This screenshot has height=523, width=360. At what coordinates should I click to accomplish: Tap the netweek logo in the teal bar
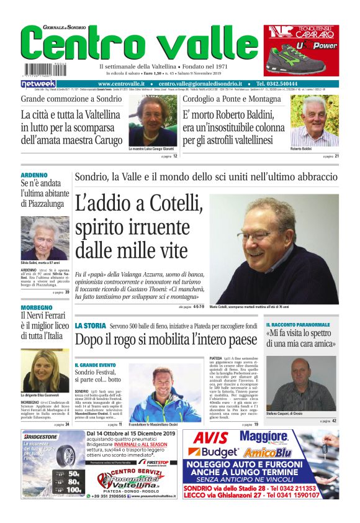(x=38, y=84)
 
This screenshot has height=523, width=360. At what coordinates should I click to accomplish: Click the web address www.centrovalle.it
(x=121, y=84)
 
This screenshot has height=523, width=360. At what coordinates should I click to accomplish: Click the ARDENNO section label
(x=34, y=175)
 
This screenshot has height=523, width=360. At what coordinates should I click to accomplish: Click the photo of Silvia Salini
(x=45, y=238)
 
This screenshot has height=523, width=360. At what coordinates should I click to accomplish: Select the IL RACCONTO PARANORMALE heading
(x=299, y=325)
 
